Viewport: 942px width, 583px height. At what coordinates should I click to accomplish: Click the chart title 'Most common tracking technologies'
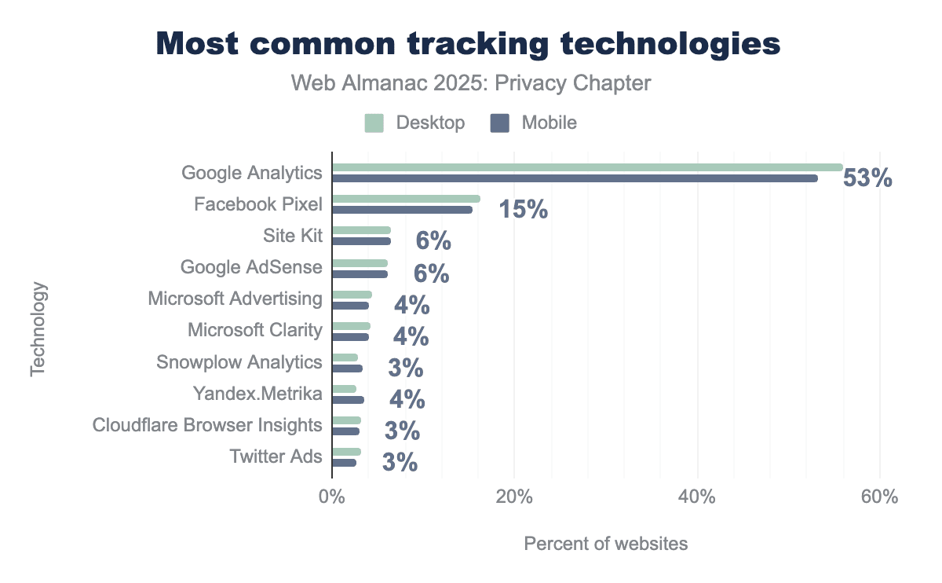468,44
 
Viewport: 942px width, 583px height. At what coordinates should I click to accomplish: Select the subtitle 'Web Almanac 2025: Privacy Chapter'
471,83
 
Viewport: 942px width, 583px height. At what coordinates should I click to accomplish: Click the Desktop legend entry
415,123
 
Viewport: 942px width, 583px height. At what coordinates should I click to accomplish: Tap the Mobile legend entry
535,123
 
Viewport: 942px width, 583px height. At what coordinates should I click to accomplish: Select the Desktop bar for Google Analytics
587,167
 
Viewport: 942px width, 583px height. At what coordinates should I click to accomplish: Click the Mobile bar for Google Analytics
575,178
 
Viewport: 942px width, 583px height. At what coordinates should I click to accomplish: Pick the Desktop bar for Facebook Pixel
406,199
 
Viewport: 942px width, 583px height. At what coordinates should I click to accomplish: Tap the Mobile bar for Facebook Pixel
402,210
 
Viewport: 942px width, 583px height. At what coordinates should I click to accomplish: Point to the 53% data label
867,179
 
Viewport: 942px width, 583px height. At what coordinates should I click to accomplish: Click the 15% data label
524,210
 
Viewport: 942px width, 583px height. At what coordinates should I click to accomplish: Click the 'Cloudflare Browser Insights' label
207,425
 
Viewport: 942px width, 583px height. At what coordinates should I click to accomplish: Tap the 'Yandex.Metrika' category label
257,394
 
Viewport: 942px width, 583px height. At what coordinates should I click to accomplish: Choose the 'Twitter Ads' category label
276,456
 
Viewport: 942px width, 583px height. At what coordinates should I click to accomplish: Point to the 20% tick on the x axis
514,498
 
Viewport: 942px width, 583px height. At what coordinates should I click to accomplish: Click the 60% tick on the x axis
879,498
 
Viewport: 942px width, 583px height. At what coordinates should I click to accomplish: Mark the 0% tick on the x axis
332,498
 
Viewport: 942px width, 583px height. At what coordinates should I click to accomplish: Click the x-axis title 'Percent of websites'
605,544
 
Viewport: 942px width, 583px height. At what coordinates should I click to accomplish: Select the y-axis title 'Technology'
38,329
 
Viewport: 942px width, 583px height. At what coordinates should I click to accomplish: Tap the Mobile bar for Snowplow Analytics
347,368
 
